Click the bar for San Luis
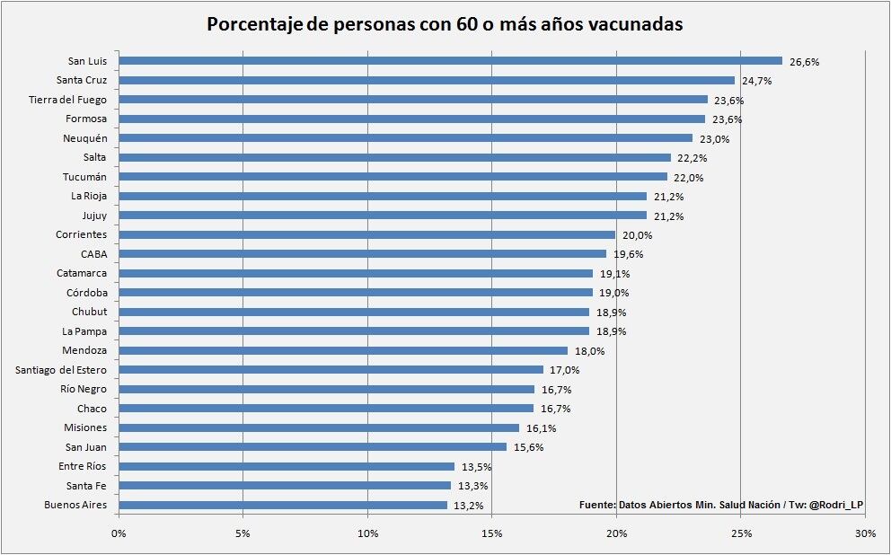point(449,61)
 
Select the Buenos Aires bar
point(283,505)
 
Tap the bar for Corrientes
point(366,234)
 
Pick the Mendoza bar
point(343,350)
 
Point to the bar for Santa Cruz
point(427,80)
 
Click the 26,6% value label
point(804,62)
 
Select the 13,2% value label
point(469,506)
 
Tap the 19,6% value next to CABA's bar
point(628,254)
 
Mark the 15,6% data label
point(528,447)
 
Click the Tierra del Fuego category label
point(68,100)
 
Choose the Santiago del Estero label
point(61,369)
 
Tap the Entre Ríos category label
point(83,466)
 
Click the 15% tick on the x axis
point(491,534)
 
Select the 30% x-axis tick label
point(865,534)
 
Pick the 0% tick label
point(119,534)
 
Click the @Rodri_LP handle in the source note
point(836,506)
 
